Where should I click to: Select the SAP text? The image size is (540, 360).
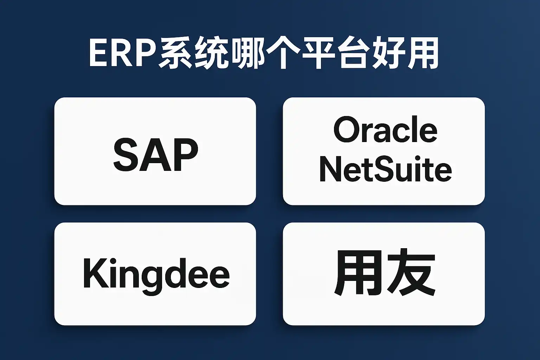pos(155,155)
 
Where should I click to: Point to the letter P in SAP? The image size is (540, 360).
pos(185,155)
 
